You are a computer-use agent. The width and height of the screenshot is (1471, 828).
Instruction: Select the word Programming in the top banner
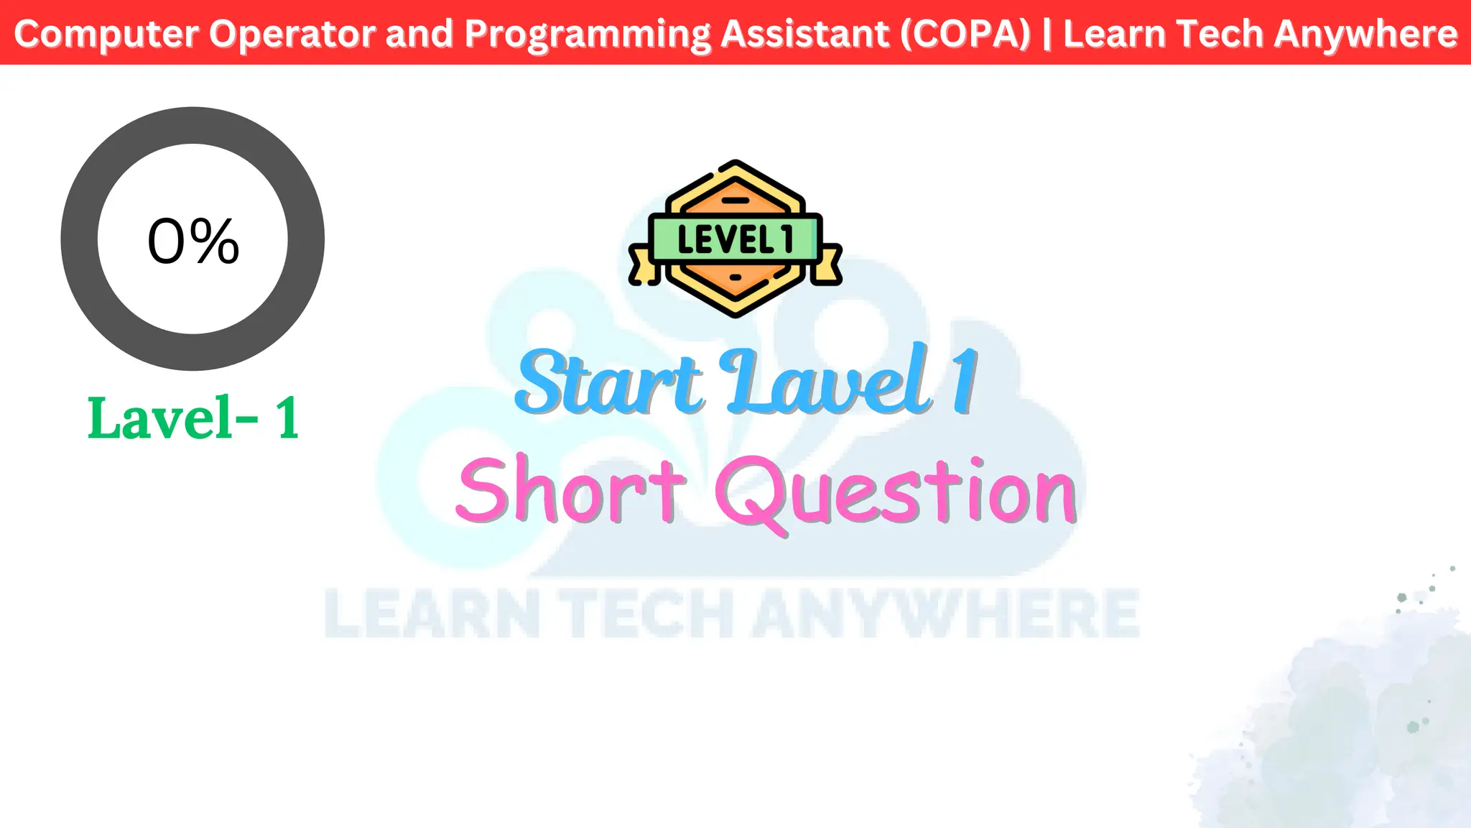[587, 34]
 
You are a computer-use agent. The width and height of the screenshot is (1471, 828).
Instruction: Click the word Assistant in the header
[804, 34]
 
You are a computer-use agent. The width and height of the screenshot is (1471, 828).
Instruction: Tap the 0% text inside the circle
[193, 241]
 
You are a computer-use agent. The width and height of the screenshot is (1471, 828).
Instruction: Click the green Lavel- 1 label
[193, 418]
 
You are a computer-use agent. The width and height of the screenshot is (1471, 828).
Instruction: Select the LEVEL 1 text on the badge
[735, 239]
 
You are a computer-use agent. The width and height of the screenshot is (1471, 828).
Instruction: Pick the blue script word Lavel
[829, 382]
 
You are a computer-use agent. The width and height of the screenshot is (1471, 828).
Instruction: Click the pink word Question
[896, 493]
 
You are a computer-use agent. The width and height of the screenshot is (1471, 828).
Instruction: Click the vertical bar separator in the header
[1047, 34]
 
